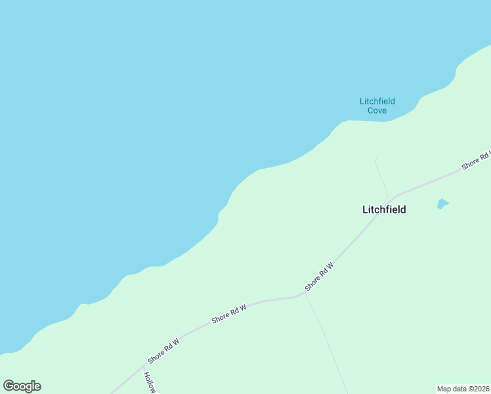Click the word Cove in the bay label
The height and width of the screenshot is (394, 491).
(377, 110)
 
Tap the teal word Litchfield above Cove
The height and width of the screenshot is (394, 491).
(377, 101)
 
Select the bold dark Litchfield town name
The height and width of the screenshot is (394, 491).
(384, 209)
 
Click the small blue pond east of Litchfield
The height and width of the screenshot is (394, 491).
(443, 204)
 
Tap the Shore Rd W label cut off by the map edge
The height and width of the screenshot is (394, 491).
(476, 161)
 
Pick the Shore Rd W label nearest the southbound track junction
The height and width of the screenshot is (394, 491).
(319, 277)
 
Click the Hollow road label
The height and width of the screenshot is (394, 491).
(150, 382)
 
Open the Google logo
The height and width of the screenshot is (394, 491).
(22, 386)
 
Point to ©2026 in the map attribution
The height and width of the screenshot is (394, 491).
(478, 389)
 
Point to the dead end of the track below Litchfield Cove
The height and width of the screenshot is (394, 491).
(377, 155)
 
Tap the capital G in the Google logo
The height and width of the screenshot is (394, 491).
(9, 386)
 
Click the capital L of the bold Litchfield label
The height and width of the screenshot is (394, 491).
(365, 209)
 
